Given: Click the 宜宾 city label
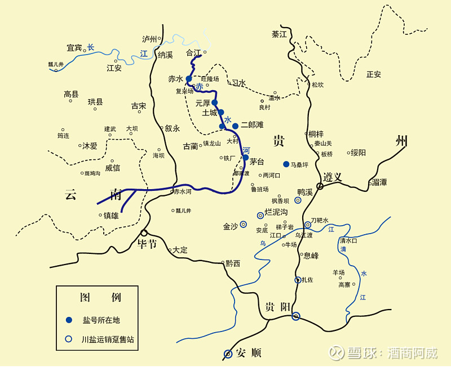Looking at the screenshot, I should (74, 48).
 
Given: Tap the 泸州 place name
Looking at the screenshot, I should (149, 39).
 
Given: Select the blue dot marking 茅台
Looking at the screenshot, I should (246, 158).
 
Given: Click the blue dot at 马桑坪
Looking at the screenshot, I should (286, 164).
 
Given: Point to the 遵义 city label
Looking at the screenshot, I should (333, 177).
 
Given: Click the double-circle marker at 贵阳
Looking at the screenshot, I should (295, 316).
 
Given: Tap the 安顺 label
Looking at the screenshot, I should (249, 353).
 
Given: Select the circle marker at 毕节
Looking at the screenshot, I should (144, 233).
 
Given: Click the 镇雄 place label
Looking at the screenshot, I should (111, 215).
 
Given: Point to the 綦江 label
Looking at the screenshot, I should (279, 34).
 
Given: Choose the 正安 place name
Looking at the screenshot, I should (374, 74).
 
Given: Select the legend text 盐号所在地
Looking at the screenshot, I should (101, 320).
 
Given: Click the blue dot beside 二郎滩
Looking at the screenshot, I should (235, 126).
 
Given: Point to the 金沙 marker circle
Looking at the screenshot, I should (243, 224).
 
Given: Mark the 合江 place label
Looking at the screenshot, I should (193, 53).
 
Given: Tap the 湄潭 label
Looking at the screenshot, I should (379, 182).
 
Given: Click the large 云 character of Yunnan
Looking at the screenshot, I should (71, 195).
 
